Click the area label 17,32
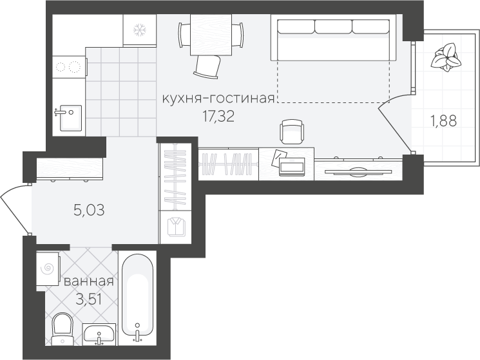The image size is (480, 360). (x=218, y=117)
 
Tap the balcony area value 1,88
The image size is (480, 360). (x=443, y=121)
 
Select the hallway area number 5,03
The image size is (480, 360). (x=89, y=211)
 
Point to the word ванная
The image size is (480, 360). (x=88, y=281)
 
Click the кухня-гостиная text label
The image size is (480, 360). (x=218, y=99)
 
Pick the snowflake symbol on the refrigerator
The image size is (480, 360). (x=140, y=30)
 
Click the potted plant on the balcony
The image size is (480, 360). (x=446, y=57)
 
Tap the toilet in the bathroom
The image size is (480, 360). (x=62, y=329)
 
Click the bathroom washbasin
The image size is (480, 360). (x=99, y=334)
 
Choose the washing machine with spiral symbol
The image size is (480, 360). (x=48, y=269)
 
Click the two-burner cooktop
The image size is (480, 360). (x=68, y=67)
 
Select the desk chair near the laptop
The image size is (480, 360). (x=293, y=131)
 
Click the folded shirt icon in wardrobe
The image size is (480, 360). (x=177, y=227)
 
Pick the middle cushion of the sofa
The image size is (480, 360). (x=333, y=26)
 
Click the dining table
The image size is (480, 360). (x=211, y=35)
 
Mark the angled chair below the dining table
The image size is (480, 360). (x=207, y=66)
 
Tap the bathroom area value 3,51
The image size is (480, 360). (x=88, y=299)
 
